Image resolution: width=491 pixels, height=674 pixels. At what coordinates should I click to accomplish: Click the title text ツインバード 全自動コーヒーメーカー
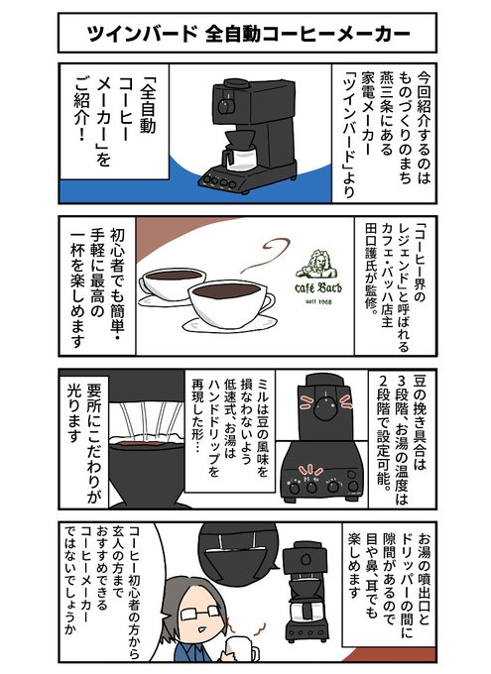pyautogui.click(x=248, y=34)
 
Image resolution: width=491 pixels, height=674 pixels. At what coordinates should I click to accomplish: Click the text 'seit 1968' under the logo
pyautogui.click(x=318, y=301)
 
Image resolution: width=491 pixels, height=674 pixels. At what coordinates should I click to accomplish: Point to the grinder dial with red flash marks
pyautogui.click(x=325, y=407)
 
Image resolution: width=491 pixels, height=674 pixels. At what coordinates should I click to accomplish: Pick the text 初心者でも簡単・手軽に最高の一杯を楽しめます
pyautogui.click(x=96, y=288)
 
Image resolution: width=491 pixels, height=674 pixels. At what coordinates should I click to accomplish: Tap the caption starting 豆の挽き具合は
pyautogui.click(x=403, y=435)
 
